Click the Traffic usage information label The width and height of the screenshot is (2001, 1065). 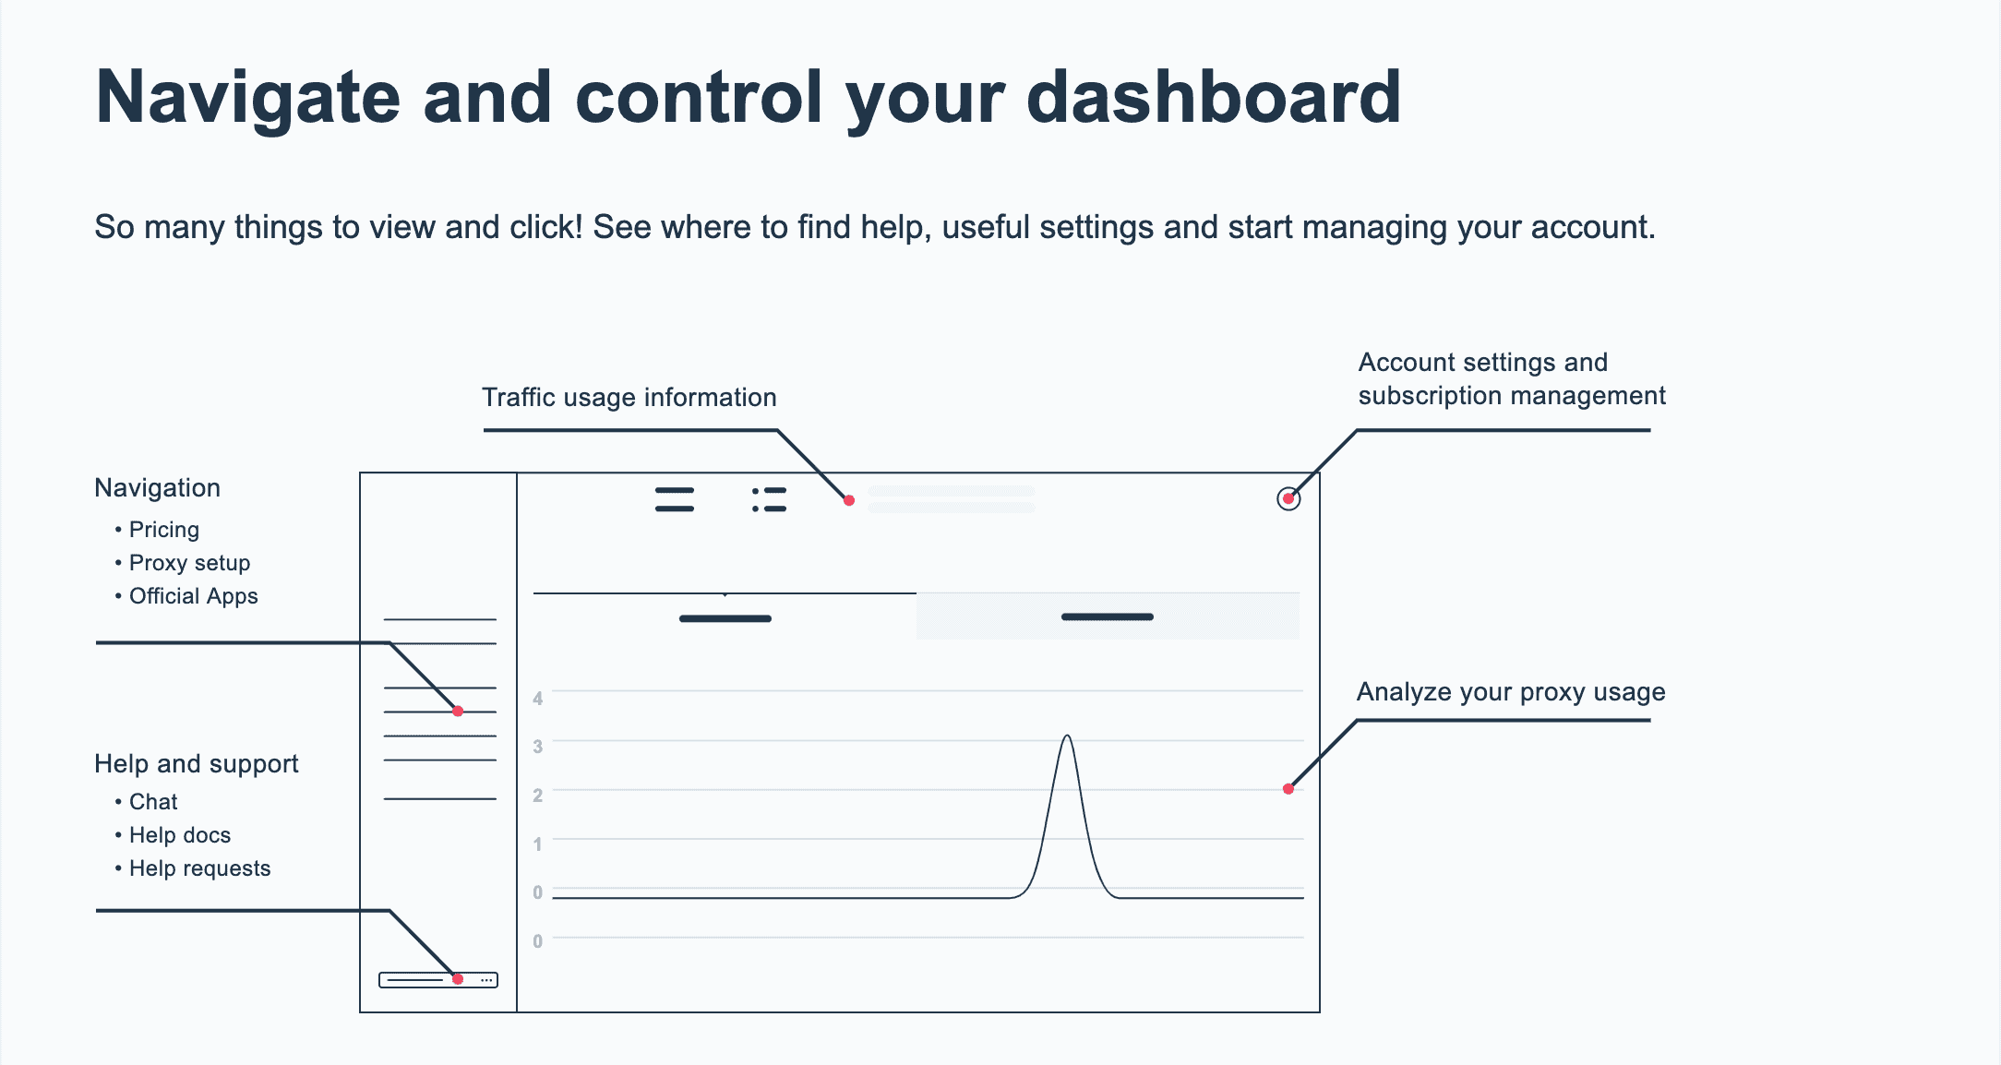(x=629, y=398)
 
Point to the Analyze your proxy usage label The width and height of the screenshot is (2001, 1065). (x=1511, y=692)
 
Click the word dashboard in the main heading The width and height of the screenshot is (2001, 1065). (x=1214, y=97)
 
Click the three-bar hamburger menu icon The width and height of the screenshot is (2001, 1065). (x=675, y=499)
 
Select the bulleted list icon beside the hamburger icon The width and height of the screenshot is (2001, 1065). (x=769, y=499)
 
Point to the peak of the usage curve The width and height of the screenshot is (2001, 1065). (x=1067, y=736)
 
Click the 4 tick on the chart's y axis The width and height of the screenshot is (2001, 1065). (x=537, y=699)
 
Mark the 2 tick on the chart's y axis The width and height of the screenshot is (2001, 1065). (x=537, y=796)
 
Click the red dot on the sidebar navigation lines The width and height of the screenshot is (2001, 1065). (x=458, y=712)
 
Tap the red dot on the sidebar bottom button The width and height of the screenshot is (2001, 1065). (x=458, y=979)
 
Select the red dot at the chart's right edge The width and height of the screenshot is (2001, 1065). (x=1288, y=789)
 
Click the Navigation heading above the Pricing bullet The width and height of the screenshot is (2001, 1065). (x=157, y=488)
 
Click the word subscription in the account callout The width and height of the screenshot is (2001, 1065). (x=1432, y=397)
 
